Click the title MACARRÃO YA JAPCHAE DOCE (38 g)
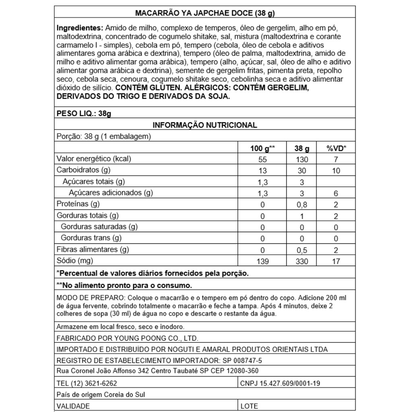coord(205,13)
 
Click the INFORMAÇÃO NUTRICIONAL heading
coord(205,125)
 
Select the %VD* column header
coord(336,148)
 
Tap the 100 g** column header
coord(262,148)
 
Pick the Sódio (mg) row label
coord(75,261)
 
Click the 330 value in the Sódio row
coord(302,262)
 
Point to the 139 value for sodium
coord(262,262)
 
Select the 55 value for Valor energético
coord(262,159)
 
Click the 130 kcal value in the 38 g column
coord(302,159)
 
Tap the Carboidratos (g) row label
coord(83,170)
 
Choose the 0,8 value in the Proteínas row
coord(302,205)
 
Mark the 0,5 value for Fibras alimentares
coord(302,250)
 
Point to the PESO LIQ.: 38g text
coord(84,113)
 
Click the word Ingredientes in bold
coord(80,28)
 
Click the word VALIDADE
coord(73,406)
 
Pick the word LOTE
coord(249,406)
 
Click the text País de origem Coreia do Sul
coord(101,395)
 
